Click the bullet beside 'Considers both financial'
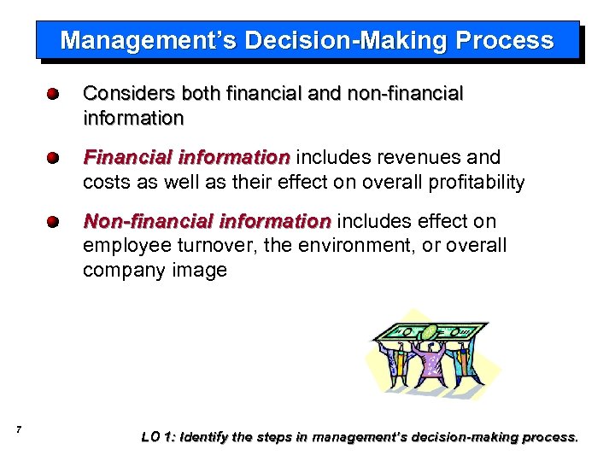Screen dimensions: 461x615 (x=53, y=94)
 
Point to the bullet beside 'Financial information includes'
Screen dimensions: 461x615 (x=53, y=158)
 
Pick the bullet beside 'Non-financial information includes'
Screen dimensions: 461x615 (x=53, y=222)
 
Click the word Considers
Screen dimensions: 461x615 (x=126, y=93)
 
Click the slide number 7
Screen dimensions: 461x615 (x=19, y=429)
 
